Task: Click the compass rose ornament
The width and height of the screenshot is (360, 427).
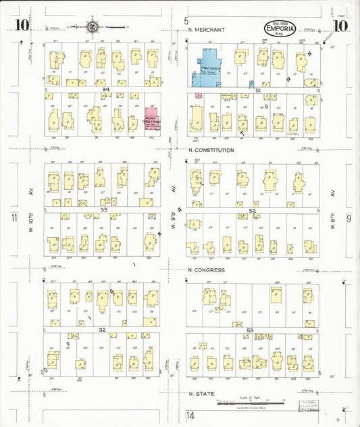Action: [x=91, y=27]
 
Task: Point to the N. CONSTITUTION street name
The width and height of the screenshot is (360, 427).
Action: [x=211, y=150]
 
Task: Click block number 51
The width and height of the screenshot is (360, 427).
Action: [x=257, y=89]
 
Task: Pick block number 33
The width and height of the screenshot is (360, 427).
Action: [x=103, y=210]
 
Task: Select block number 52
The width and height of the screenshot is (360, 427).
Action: [x=252, y=210]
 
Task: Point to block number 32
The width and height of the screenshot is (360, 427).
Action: [x=102, y=330]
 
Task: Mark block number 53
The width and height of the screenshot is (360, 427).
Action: [x=249, y=330]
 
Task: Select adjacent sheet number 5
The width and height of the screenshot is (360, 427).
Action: [x=186, y=21]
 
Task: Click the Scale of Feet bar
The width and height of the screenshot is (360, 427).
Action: [x=259, y=402]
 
